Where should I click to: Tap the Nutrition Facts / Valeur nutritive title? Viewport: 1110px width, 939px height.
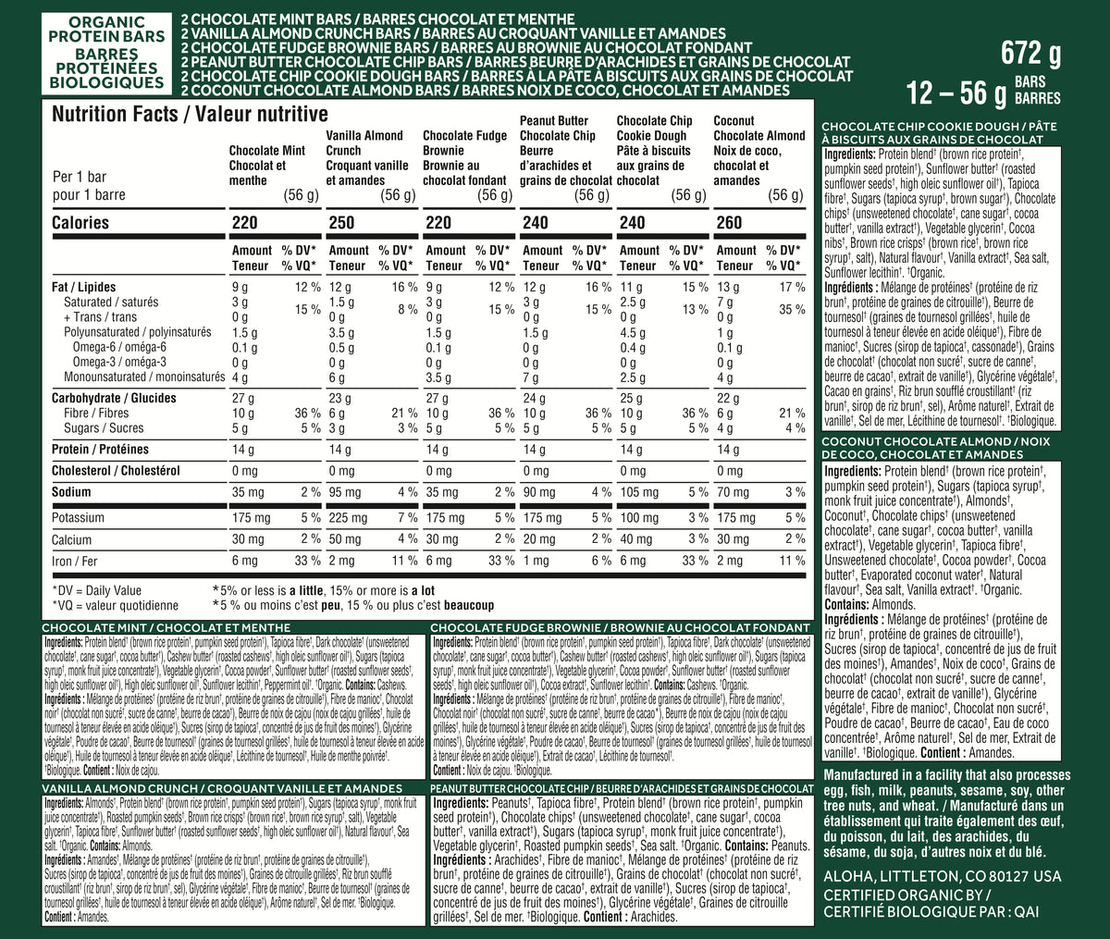(190, 115)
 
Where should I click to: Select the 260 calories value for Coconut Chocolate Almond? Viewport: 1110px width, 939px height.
(728, 223)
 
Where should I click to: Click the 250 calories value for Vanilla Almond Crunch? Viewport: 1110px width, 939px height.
(340, 223)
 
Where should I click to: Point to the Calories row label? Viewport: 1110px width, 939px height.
(80, 223)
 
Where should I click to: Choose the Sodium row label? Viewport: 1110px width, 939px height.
(71, 492)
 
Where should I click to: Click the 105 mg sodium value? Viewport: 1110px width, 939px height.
(639, 492)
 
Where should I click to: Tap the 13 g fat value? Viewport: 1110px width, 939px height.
(728, 288)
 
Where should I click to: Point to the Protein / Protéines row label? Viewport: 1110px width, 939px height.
(100, 450)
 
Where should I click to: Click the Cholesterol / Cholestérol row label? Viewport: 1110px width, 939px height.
(116, 471)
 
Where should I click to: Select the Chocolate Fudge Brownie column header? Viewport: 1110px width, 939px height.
(466, 157)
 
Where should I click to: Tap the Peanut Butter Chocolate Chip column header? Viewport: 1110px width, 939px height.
(565, 150)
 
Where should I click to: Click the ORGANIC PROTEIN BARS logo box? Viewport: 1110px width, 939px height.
(107, 51)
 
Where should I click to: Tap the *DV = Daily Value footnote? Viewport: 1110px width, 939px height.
(97, 590)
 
